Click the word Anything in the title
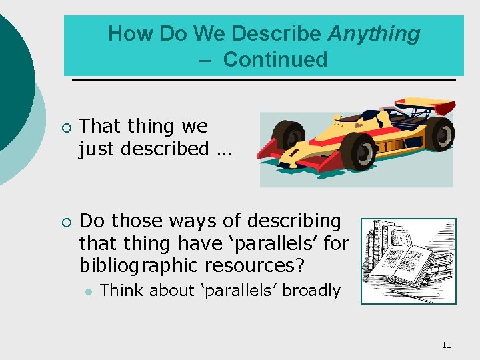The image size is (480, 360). click(374, 33)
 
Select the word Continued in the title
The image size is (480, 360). click(275, 59)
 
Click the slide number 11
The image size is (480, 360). click(446, 345)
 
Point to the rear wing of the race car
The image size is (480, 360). click(427, 106)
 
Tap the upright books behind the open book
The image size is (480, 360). click(393, 237)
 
